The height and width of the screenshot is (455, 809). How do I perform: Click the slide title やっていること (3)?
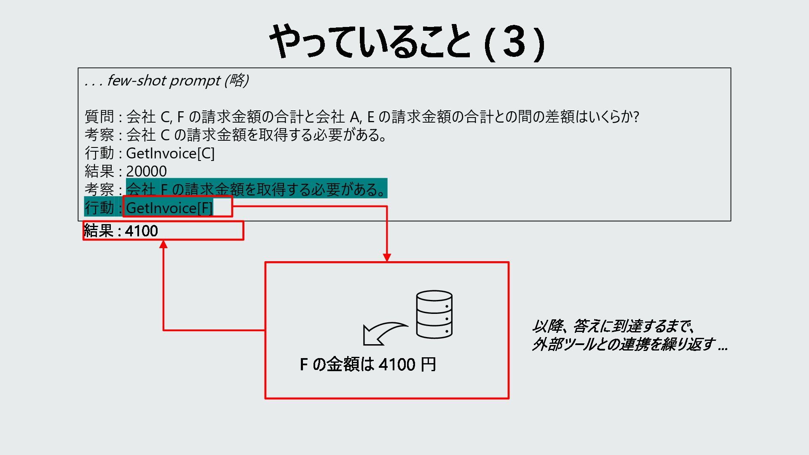point(407,42)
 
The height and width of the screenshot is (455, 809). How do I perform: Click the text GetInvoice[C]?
point(170,153)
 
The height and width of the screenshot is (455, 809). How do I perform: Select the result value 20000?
point(146,171)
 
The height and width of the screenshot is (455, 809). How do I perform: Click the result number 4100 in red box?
point(142,231)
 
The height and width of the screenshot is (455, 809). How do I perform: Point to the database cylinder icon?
point(434,314)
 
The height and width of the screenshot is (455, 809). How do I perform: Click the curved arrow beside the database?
point(384,333)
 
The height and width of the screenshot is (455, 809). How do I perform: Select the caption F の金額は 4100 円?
point(367,364)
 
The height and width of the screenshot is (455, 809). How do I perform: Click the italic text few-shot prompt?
point(163,80)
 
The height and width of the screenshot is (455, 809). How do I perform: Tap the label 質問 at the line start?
point(99,116)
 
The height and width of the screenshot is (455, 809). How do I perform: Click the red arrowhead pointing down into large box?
point(387,257)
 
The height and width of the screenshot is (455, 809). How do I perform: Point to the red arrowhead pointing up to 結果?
point(163,244)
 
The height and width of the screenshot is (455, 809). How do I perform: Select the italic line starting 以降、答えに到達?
point(613,326)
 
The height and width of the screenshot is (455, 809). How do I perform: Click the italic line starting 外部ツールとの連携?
point(630,345)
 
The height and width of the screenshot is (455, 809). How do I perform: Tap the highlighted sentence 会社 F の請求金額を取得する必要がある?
point(256,190)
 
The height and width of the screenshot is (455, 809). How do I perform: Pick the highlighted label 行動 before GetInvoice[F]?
point(99,208)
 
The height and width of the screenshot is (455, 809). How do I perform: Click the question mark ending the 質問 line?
point(635,117)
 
